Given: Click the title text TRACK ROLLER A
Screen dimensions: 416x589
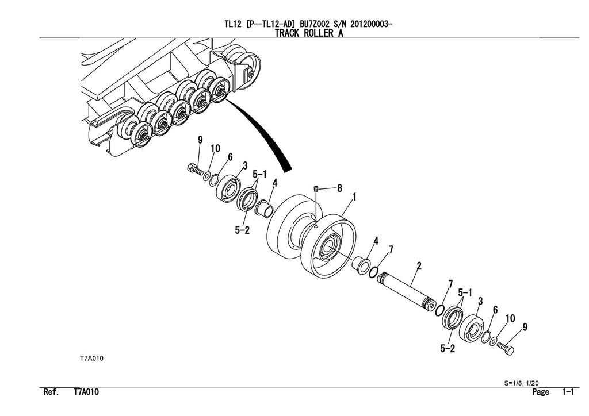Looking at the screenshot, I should pyautogui.click(x=309, y=33).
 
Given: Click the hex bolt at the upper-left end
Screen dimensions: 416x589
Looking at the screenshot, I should pyautogui.click(x=194, y=169).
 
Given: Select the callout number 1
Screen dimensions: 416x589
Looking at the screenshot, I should pyautogui.click(x=354, y=197).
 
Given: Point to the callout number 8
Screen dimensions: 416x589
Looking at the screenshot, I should pyautogui.click(x=339, y=188).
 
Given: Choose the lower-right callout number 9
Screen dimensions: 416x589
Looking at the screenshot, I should pyautogui.click(x=525, y=328).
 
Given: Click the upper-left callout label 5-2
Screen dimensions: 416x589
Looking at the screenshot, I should pyautogui.click(x=243, y=230).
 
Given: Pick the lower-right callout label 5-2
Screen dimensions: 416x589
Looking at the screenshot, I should pyautogui.click(x=448, y=348).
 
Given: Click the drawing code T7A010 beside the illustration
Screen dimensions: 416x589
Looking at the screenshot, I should pyautogui.click(x=91, y=358).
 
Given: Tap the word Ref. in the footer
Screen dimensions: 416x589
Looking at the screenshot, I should pyautogui.click(x=51, y=392).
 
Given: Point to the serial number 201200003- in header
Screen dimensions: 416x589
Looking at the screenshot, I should pyautogui.click(x=365, y=24).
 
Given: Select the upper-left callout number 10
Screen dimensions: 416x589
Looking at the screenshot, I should pyautogui.click(x=215, y=149).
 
